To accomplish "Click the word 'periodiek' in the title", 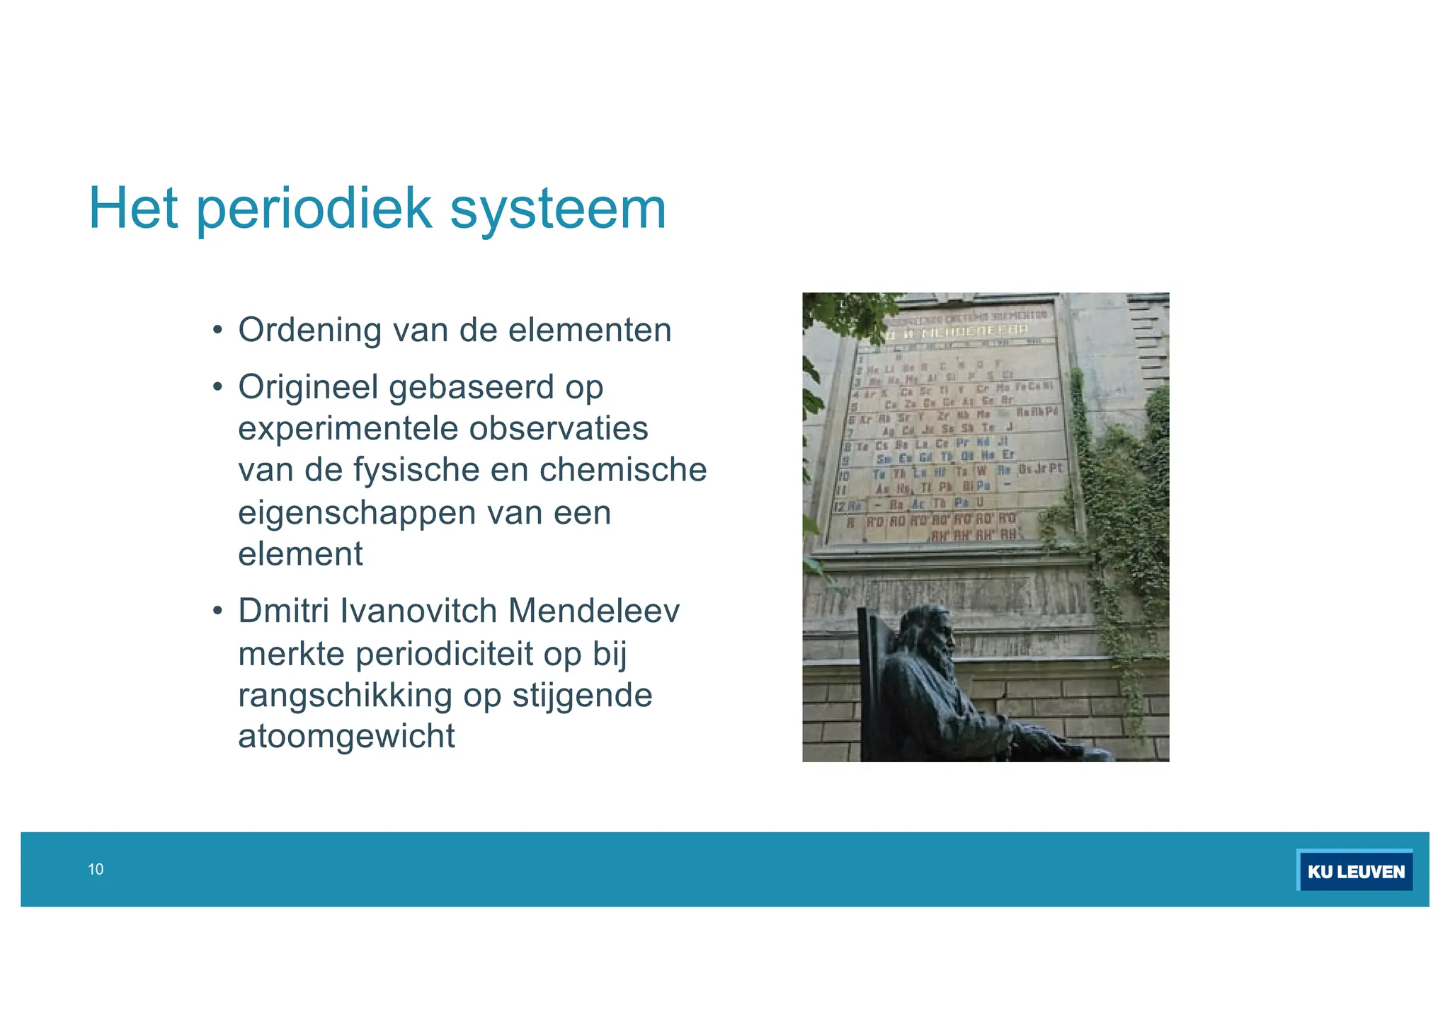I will coord(313,209).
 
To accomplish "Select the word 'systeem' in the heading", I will coord(558,209).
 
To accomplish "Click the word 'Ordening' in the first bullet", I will coord(309,330).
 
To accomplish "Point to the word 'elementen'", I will coord(590,330).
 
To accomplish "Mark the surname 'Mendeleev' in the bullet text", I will coord(593,611).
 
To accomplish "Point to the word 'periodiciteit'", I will coord(444,653).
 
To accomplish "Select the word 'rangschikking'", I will coord(345,695).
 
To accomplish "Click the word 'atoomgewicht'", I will coord(346,736).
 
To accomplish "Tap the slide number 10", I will coord(96,870).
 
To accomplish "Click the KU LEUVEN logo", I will coord(1355,871).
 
